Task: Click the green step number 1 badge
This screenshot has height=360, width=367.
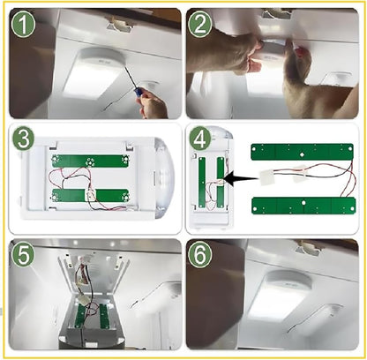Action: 23,25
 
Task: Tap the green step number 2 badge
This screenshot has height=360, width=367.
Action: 200,25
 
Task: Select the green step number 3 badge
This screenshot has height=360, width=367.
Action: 23,138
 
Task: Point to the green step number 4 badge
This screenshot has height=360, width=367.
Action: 200,138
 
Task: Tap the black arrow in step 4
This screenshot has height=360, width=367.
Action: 241,179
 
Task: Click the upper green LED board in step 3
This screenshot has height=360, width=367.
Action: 90,161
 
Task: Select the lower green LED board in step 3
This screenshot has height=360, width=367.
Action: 90,195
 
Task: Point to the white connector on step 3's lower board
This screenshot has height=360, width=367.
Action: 90,195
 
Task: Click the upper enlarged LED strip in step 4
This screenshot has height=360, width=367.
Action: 302,152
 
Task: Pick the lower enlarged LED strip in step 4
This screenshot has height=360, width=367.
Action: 303,206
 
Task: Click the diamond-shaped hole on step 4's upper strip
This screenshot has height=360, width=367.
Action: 302,154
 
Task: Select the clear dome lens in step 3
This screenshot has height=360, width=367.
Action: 165,178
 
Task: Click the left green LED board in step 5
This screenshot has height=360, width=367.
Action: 79,317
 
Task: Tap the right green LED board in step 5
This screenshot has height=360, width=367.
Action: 103,316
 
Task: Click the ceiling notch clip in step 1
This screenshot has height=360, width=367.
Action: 120,24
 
